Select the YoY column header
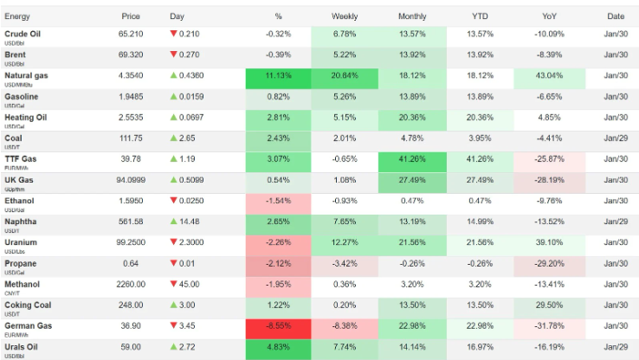[549, 16]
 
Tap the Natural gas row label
[28, 75]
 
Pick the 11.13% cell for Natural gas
[278, 76]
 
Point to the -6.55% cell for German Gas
[278, 325]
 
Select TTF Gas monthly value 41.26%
[411, 159]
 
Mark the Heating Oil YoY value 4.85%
[549, 118]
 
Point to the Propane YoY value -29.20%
[549, 263]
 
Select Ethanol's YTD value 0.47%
[479, 201]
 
